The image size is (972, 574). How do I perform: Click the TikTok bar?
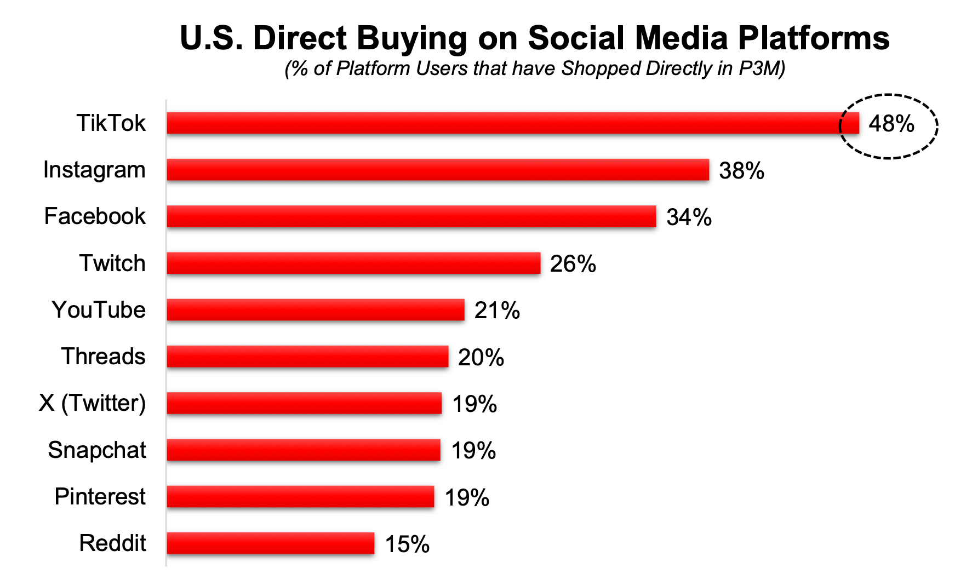(x=512, y=123)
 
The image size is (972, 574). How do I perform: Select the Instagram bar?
(x=437, y=170)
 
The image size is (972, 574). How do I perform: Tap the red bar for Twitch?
(x=353, y=263)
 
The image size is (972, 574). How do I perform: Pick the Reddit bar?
(x=270, y=543)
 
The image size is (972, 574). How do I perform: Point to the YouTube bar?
(x=315, y=310)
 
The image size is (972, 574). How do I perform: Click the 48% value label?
(x=891, y=124)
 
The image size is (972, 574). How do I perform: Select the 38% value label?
(x=741, y=171)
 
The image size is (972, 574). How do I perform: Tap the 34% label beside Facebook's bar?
(x=689, y=217)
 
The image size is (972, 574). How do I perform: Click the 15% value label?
(x=407, y=544)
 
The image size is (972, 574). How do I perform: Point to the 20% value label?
(x=481, y=358)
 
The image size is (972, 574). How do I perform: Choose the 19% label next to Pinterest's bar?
(x=467, y=498)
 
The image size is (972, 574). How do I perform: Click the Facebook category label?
(x=95, y=216)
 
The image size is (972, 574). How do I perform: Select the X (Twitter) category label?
(x=92, y=403)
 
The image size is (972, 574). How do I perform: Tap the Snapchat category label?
(x=97, y=450)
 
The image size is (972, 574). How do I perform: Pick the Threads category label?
(x=103, y=357)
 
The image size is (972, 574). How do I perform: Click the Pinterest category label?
(x=100, y=497)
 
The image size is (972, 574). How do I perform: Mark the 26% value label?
(x=573, y=264)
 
